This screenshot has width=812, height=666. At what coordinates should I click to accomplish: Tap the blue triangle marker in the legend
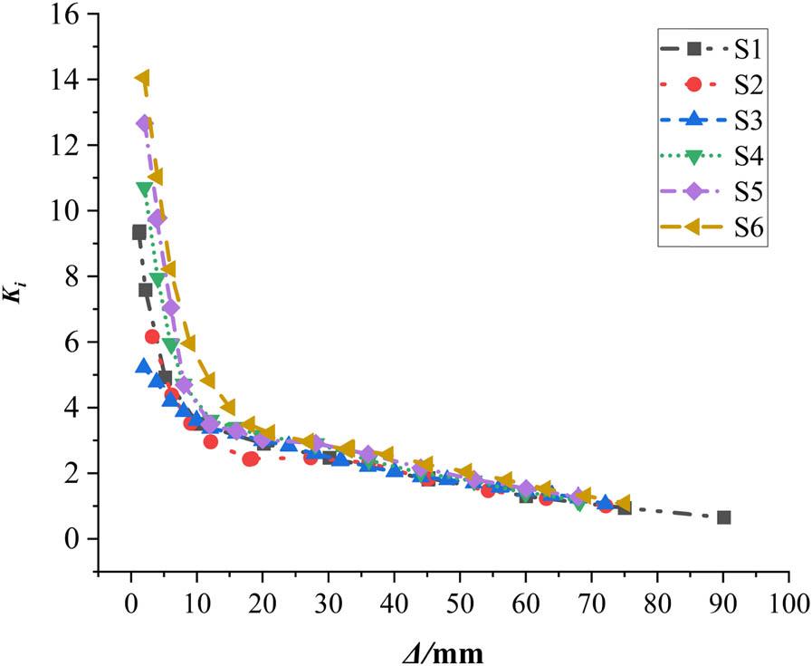[693, 120]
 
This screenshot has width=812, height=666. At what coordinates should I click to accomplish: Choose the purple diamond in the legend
[693, 191]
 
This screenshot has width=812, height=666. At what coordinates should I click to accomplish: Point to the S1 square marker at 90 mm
[723, 517]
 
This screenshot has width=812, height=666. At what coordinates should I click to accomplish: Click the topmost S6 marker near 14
[142, 79]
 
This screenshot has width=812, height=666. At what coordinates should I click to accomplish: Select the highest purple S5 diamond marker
[144, 122]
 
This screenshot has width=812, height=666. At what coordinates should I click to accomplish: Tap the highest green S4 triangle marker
[144, 188]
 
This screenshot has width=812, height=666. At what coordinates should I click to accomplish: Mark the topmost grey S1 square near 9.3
[139, 232]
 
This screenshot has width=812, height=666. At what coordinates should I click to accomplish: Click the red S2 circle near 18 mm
[250, 458]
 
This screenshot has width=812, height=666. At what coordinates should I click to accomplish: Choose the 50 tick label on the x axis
[460, 602]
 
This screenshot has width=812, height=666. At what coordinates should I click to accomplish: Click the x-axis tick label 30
[329, 602]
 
